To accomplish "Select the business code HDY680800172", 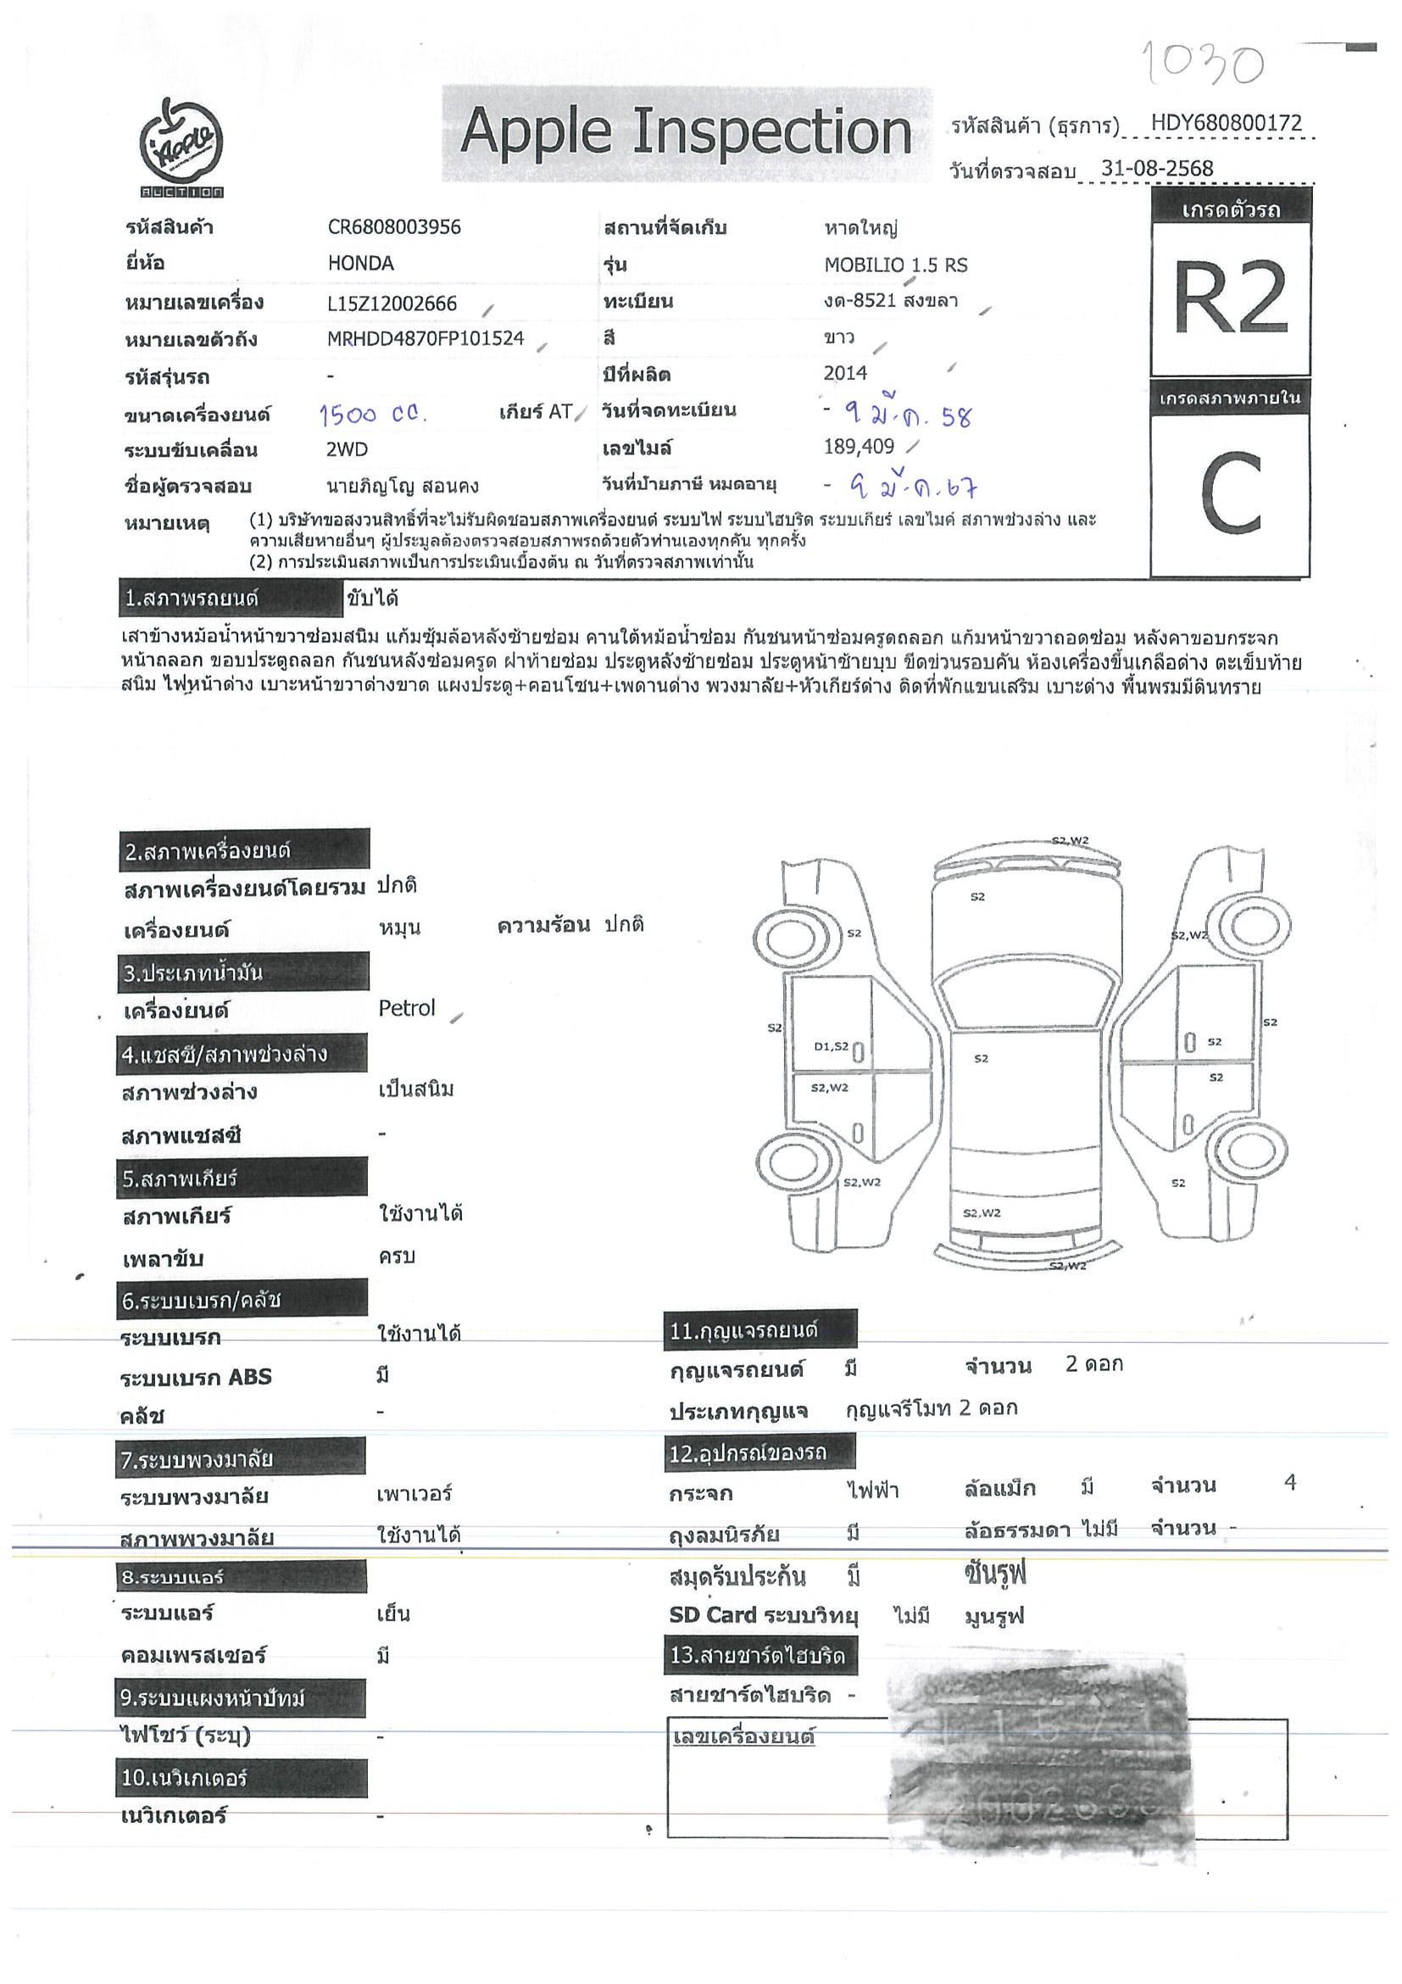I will click(1226, 123).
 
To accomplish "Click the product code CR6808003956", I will click(394, 227).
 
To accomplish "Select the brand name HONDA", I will click(360, 264).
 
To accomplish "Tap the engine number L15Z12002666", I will click(392, 304).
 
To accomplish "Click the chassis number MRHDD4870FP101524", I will click(425, 339).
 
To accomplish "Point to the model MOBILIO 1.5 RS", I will click(896, 265).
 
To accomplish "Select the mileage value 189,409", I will click(859, 447).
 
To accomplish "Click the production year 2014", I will click(845, 373).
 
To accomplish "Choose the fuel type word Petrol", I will click(406, 1008).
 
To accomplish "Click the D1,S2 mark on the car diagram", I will click(831, 1046).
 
